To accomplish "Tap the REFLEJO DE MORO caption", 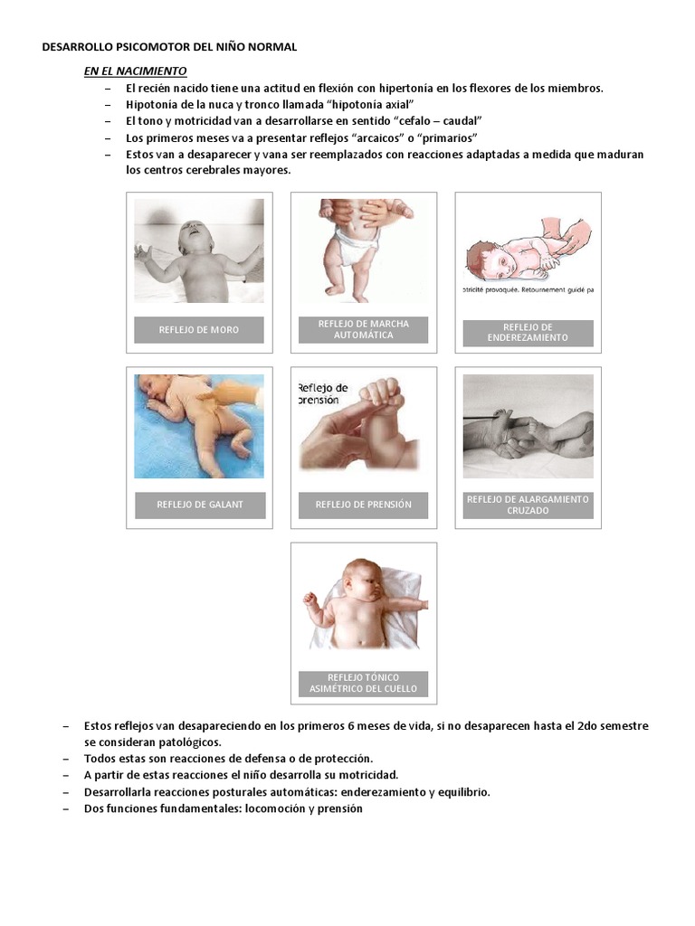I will [x=199, y=330].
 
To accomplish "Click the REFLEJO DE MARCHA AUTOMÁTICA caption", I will [x=364, y=329].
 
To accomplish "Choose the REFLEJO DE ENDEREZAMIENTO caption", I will [x=528, y=333].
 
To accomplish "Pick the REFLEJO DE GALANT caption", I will [x=200, y=505].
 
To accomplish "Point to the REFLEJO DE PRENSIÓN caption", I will [x=364, y=505].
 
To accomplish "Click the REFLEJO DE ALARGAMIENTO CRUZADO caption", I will [x=528, y=505].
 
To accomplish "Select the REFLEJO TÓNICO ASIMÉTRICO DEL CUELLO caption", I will [x=364, y=684].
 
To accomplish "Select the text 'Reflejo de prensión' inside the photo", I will [x=323, y=392].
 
